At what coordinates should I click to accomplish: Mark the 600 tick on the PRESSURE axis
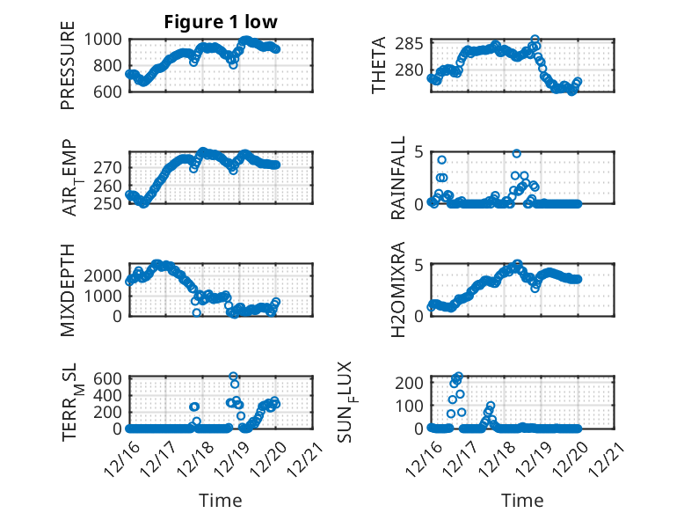(x=111, y=91)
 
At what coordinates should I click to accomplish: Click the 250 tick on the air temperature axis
(x=111, y=203)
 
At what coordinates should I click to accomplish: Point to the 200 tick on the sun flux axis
(x=413, y=382)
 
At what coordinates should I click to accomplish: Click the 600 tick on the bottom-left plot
(x=111, y=378)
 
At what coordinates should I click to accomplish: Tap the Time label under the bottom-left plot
(x=220, y=501)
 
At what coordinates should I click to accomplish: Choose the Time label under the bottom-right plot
(x=522, y=501)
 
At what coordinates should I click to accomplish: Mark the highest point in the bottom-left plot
(x=234, y=377)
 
